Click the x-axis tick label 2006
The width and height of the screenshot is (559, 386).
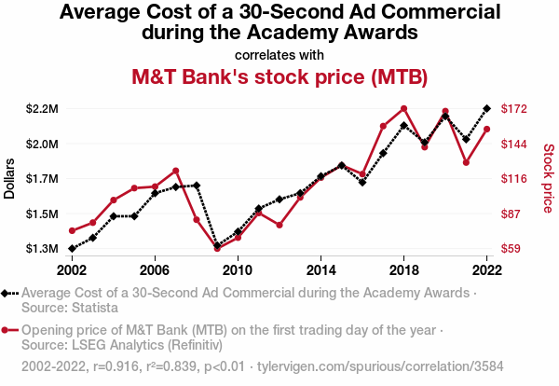pyautogui.click(x=155, y=269)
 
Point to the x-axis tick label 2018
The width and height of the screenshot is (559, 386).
pyautogui.click(x=403, y=269)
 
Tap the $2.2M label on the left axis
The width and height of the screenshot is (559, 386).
pyautogui.click(x=42, y=109)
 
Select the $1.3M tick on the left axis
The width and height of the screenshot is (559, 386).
pyautogui.click(x=42, y=249)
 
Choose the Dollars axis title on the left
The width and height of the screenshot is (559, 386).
pyautogui.click(x=10, y=177)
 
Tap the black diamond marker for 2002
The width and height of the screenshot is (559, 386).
pyautogui.click(x=72, y=249)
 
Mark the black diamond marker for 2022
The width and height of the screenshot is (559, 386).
pyautogui.click(x=486, y=108)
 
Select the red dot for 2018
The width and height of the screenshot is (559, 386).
pyautogui.click(x=403, y=108)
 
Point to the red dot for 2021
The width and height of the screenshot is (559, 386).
pyautogui.click(x=466, y=162)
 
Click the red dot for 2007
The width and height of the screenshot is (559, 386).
pyautogui.click(x=176, y=171)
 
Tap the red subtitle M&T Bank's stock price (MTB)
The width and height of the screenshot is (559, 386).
pyautogui.click(x=279, y=76)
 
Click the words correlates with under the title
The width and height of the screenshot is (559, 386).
pyautogui.click(x=279, y=53)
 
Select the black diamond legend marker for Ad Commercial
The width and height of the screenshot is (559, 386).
pyautogui.click(x=8, y=293)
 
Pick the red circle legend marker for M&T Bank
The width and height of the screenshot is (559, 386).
pyautogui.click(x=8, y=330)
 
